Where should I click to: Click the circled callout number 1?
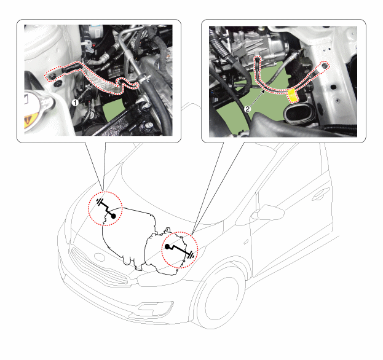click(x=75, y=103)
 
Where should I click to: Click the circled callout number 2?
click(x=248, y=109)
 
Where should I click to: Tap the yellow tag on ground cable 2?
click(x=293, y=95)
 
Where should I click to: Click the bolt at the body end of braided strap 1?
click(x=52, y=77)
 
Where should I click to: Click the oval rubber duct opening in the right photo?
click(x=298, y=114)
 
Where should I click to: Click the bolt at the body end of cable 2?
click(x=325, y=65)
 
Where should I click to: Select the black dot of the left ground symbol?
click(x=114, y=216)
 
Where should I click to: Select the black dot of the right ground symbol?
click(x=167, y=246)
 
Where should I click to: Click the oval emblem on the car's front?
click(x=100, y=257)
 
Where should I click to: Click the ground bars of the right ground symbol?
click(x=191, y=256)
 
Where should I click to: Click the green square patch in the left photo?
click(x=113, y=111)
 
